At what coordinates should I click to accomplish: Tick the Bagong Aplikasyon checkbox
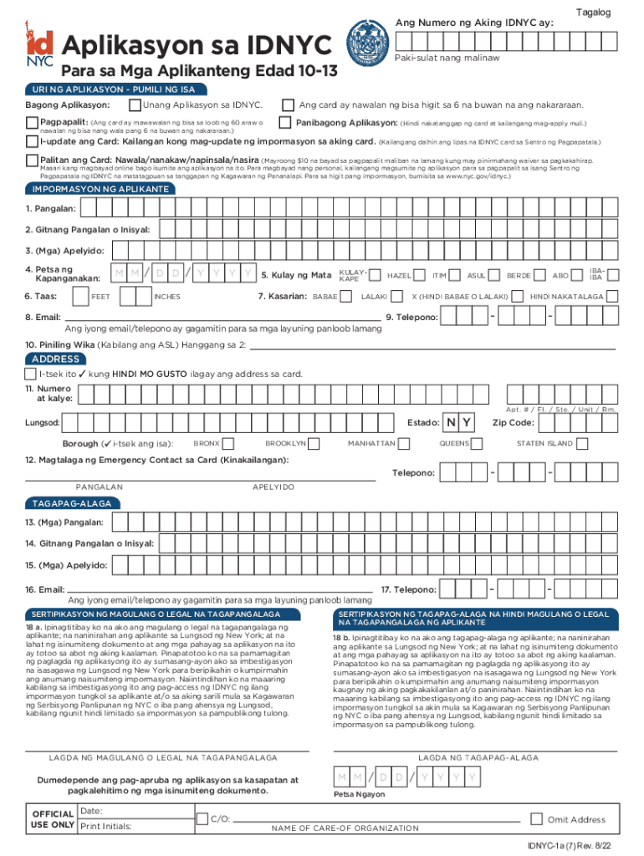135,105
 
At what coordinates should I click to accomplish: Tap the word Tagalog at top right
593,13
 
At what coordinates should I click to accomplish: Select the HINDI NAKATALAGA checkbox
519,296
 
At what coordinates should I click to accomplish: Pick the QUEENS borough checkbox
477,443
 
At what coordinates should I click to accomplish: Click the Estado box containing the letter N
452,422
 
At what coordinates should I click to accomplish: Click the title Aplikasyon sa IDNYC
197,44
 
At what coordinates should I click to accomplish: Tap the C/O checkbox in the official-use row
202,819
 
